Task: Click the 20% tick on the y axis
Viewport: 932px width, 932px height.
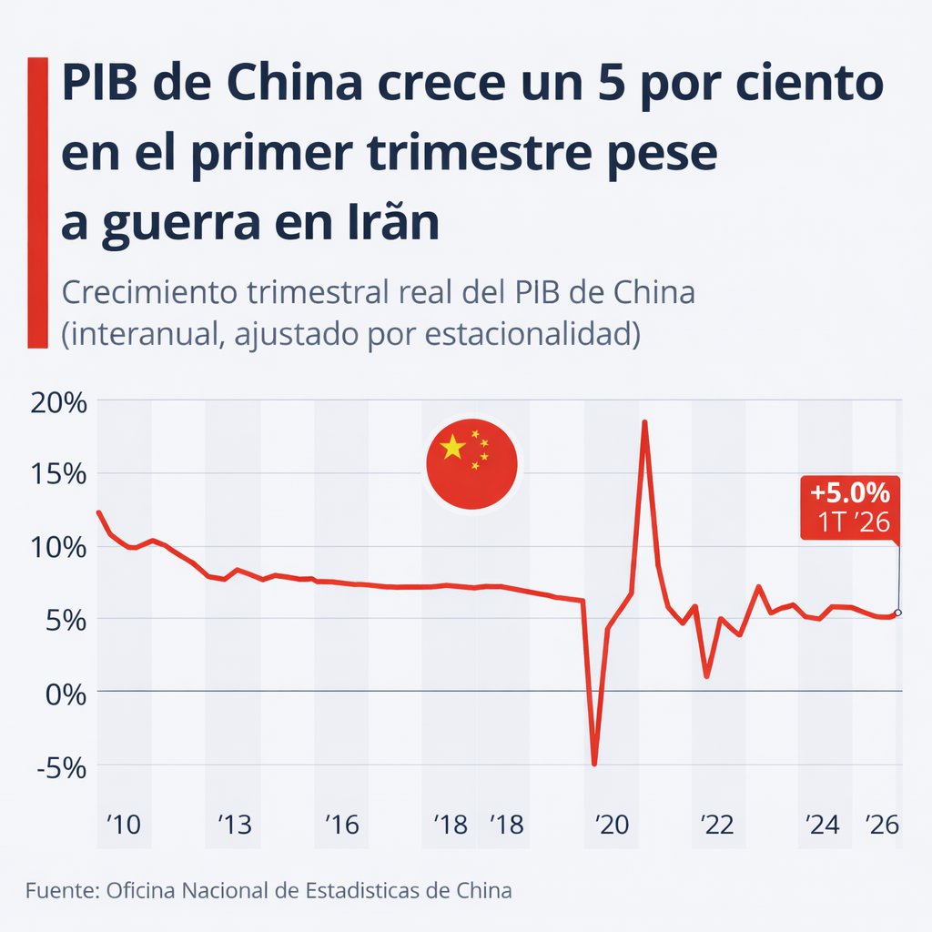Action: (58, 402)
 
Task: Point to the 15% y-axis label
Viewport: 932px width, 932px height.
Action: (58, 474)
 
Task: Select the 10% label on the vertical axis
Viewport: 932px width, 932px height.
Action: (58, 547)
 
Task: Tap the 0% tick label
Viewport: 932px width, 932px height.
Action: (66, 693)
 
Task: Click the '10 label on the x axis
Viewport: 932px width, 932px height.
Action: (123, 826)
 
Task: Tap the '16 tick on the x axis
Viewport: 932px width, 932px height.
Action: (342, 826)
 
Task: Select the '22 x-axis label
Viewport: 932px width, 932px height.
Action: (715, 826)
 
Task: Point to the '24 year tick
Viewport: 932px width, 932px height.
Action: (822, 826)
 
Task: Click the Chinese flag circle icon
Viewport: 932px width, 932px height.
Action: (471, 465)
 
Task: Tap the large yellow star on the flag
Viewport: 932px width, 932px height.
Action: (452, 447)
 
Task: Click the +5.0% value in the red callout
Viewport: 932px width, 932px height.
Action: (849, 493)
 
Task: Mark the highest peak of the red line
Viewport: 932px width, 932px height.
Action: (644, 421)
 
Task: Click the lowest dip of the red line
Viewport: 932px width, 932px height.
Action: (594, 764)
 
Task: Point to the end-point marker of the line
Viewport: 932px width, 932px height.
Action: (898, 613)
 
